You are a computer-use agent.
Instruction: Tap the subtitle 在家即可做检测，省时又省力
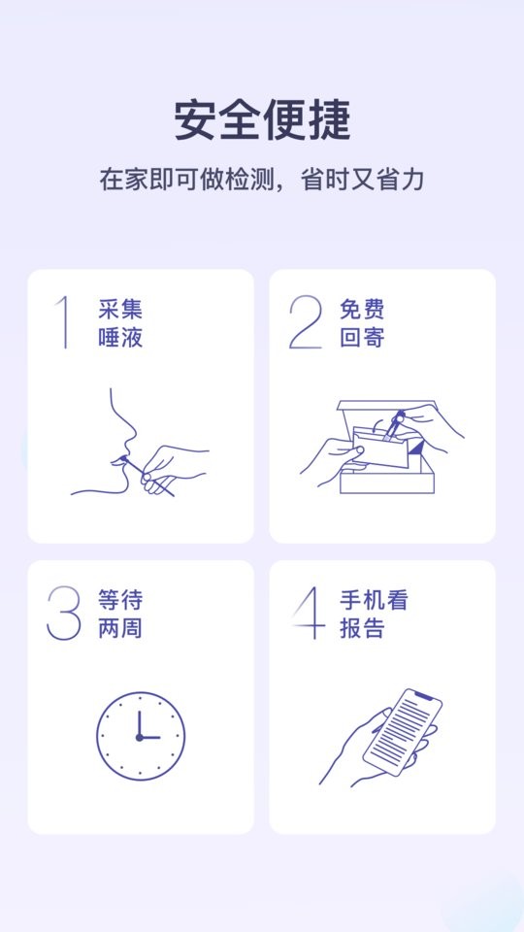(x=262, y=180)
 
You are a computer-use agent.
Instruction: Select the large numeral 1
(x=64, y=322)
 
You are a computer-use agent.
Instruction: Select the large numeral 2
(x=305, y=322)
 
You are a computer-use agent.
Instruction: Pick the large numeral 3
(x=64, y=614)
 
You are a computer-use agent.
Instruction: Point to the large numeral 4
(x=307, y=614)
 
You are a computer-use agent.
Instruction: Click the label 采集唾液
(x=120, y=324)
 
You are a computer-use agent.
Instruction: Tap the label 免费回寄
(x=362, y=324)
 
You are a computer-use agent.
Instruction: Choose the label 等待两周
(x=120, y=615)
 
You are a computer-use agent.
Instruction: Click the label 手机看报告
(x=374, y=615)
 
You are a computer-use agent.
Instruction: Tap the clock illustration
(x=141, y=735)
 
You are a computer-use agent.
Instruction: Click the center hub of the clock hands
(x=139, y=737)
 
